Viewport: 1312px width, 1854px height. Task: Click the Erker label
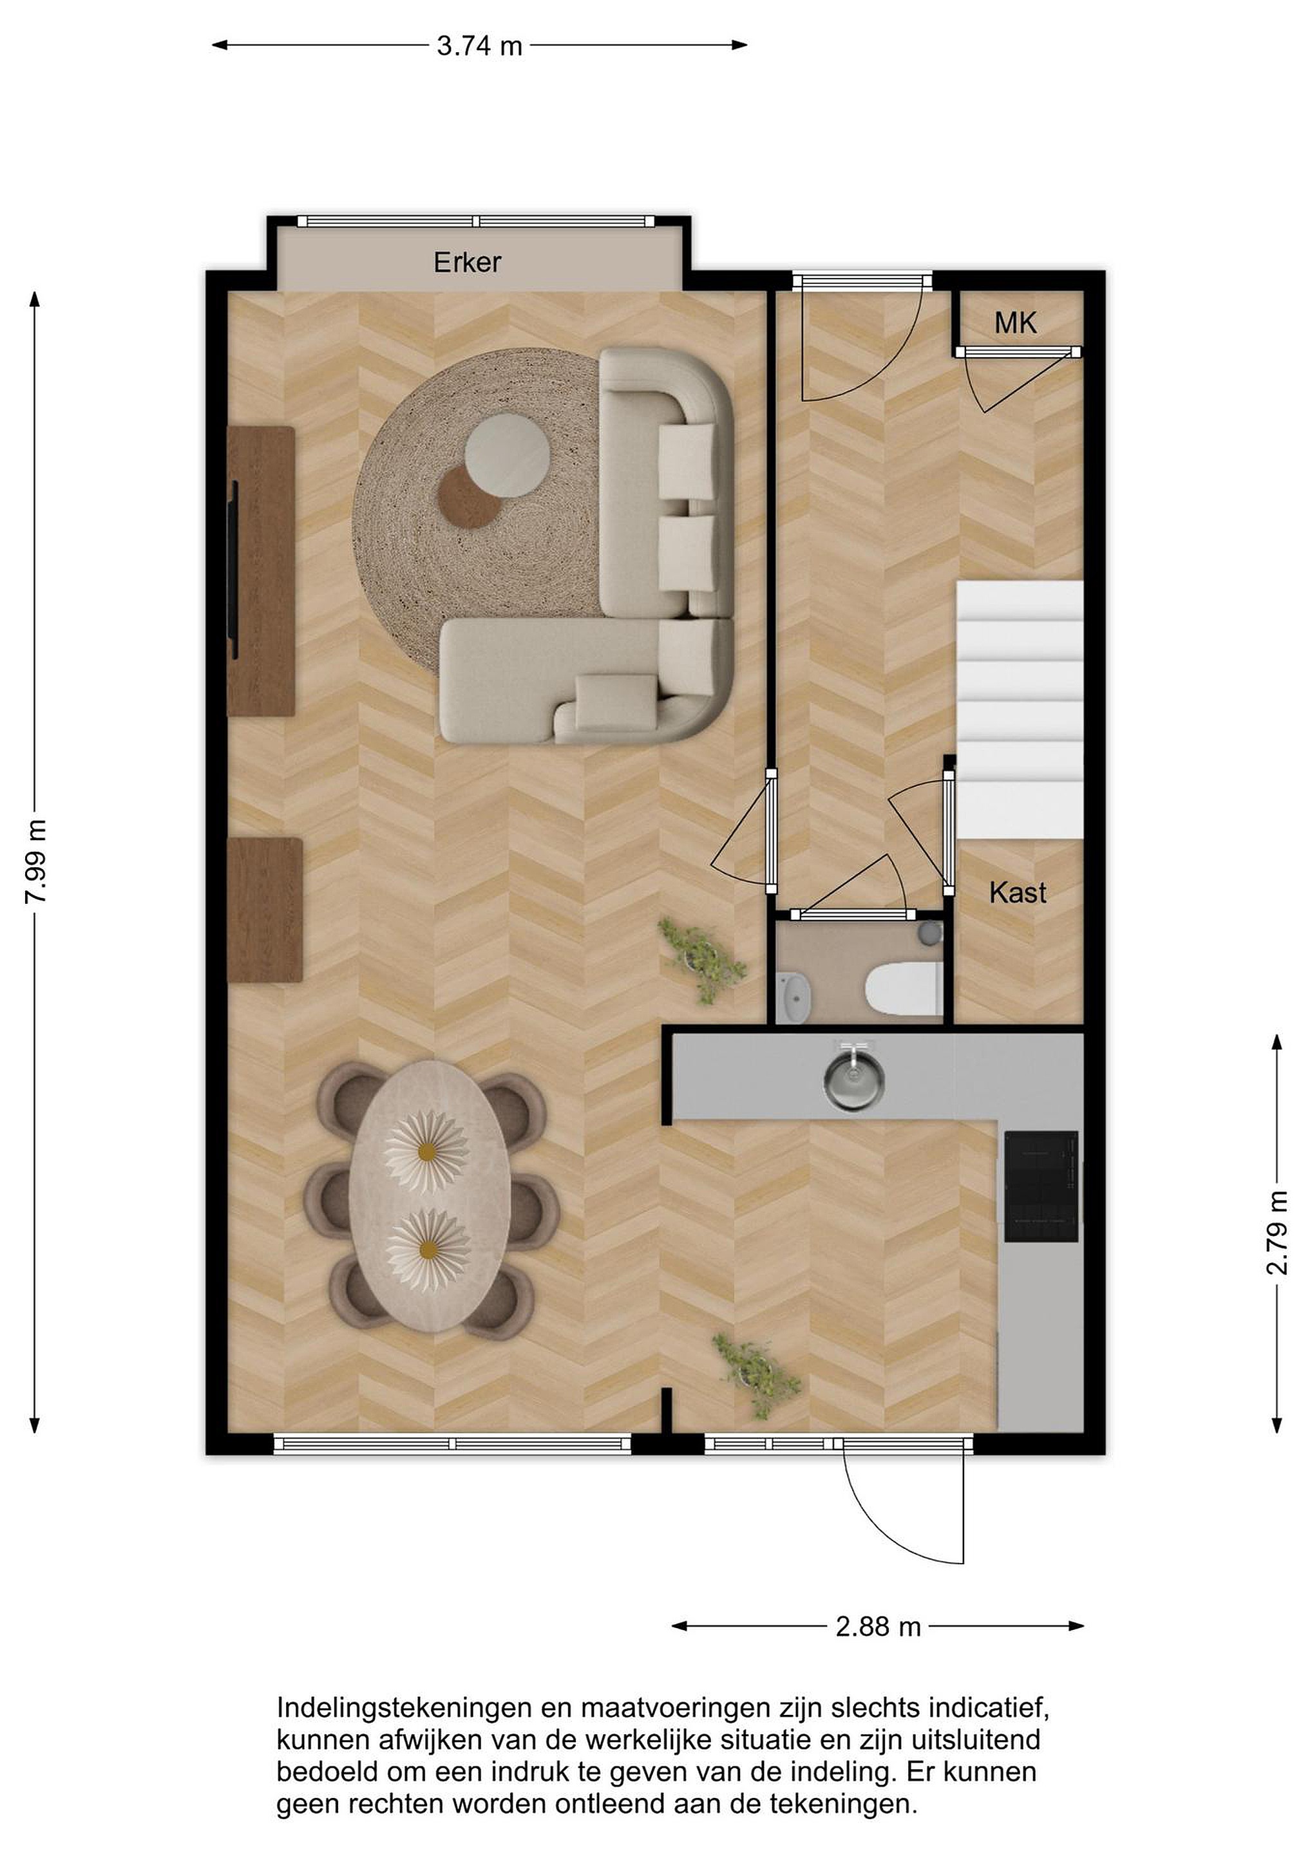467,263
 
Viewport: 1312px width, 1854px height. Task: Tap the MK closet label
1016,324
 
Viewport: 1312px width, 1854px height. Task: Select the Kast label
1017,892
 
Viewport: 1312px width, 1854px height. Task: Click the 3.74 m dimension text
480,46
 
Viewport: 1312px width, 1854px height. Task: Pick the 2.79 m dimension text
1277,1233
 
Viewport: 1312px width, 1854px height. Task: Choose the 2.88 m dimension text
878,1626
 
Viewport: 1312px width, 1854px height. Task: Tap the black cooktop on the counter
1041,1186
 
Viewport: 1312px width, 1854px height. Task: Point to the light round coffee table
508,455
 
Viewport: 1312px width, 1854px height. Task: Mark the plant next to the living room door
701,959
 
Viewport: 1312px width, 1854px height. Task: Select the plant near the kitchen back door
756,1376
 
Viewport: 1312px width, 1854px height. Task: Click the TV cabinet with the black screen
260,571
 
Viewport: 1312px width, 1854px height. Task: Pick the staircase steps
1020,709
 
